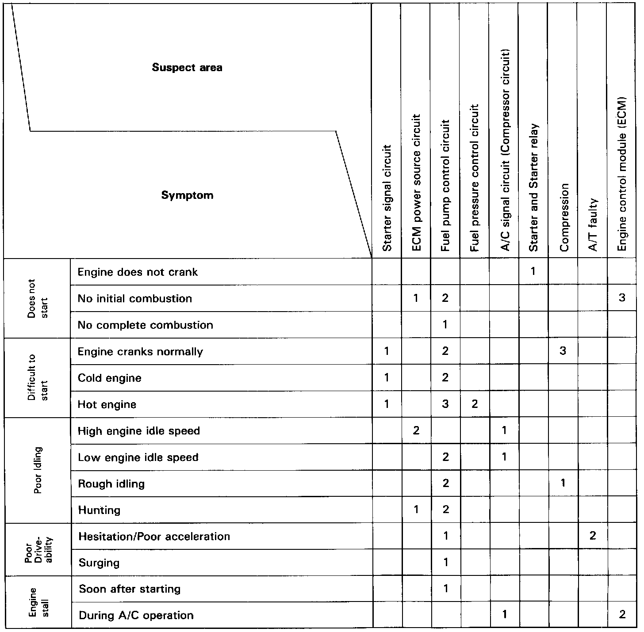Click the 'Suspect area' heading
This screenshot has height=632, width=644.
click(187, 68)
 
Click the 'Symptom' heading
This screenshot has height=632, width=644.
click(187, 195)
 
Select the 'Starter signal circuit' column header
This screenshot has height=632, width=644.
click(387, 198)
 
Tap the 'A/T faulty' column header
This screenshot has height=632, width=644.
click(593, 225)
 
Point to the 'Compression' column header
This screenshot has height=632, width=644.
click(563, 217)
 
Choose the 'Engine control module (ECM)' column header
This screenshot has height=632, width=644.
click(622, 174)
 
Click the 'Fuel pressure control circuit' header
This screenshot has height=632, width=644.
click(475, 178)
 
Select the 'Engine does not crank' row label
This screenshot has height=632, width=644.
click(138, 272)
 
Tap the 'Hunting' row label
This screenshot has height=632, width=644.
click(99, 510)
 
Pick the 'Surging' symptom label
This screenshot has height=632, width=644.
click(99, 563)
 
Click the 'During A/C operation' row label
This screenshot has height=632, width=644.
click(136, 615)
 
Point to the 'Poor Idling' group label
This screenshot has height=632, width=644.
click(38, 470)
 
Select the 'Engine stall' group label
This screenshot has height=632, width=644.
click(38, 602)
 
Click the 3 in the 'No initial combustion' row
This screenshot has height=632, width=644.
click(622, 298)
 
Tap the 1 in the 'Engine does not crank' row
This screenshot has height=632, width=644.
click(533, 271)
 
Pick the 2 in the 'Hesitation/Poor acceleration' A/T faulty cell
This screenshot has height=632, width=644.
click(593, 536)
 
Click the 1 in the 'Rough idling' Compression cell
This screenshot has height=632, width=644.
click(563, 483)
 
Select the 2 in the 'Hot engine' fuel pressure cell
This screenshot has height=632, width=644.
click(475, 404)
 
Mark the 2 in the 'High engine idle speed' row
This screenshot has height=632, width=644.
click(416, 430)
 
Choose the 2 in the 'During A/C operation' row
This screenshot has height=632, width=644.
click(622, 615)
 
